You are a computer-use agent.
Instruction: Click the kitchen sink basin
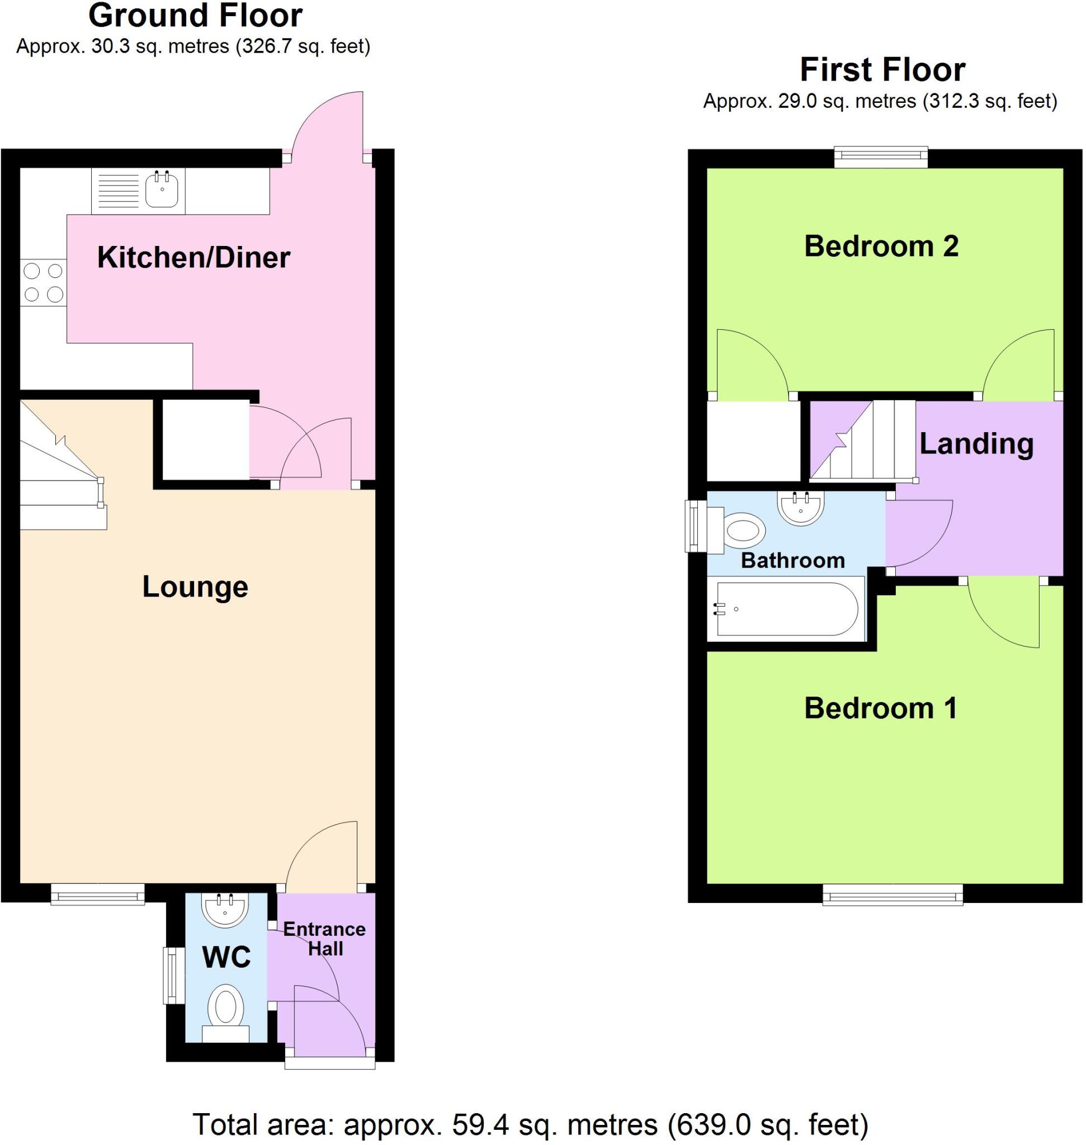[162, 190]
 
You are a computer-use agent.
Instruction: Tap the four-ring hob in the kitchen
[44, 282]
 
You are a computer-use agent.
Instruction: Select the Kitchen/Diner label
[193, 258]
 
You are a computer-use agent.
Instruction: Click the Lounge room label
[195, 587]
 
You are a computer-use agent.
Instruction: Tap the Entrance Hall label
[325, 938]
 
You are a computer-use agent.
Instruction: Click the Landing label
[976, 444]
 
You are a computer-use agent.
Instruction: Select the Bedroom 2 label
[881, 247]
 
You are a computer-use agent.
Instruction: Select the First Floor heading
[882, 70]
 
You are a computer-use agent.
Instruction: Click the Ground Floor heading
[195, 16]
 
